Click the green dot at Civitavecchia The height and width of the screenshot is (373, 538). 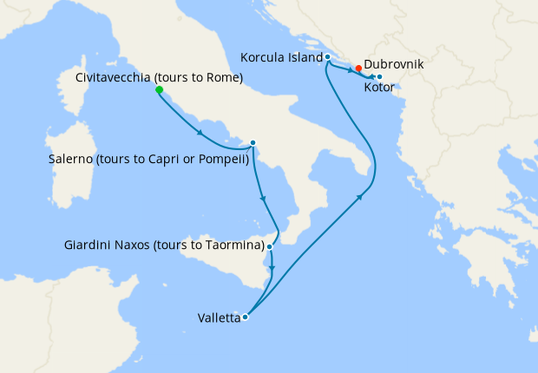(x=159, y=89)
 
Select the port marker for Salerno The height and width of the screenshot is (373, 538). (x=253, y=143)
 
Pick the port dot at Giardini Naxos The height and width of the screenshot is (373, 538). (x=270, y=247)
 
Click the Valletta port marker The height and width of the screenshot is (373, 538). (x=246, y=317)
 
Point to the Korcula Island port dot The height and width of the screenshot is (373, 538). (x=327, y=57)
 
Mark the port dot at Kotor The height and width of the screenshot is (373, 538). (x=379, y=76)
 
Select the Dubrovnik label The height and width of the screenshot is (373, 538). (x=397, y=64)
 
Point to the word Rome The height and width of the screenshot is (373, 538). (x=222, y=78)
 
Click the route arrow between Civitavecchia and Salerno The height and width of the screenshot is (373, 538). (x=200, y=133)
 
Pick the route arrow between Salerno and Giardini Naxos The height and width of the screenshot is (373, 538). (x=263, y=200)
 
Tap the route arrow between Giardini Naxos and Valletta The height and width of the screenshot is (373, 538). (x=272, y=279)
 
